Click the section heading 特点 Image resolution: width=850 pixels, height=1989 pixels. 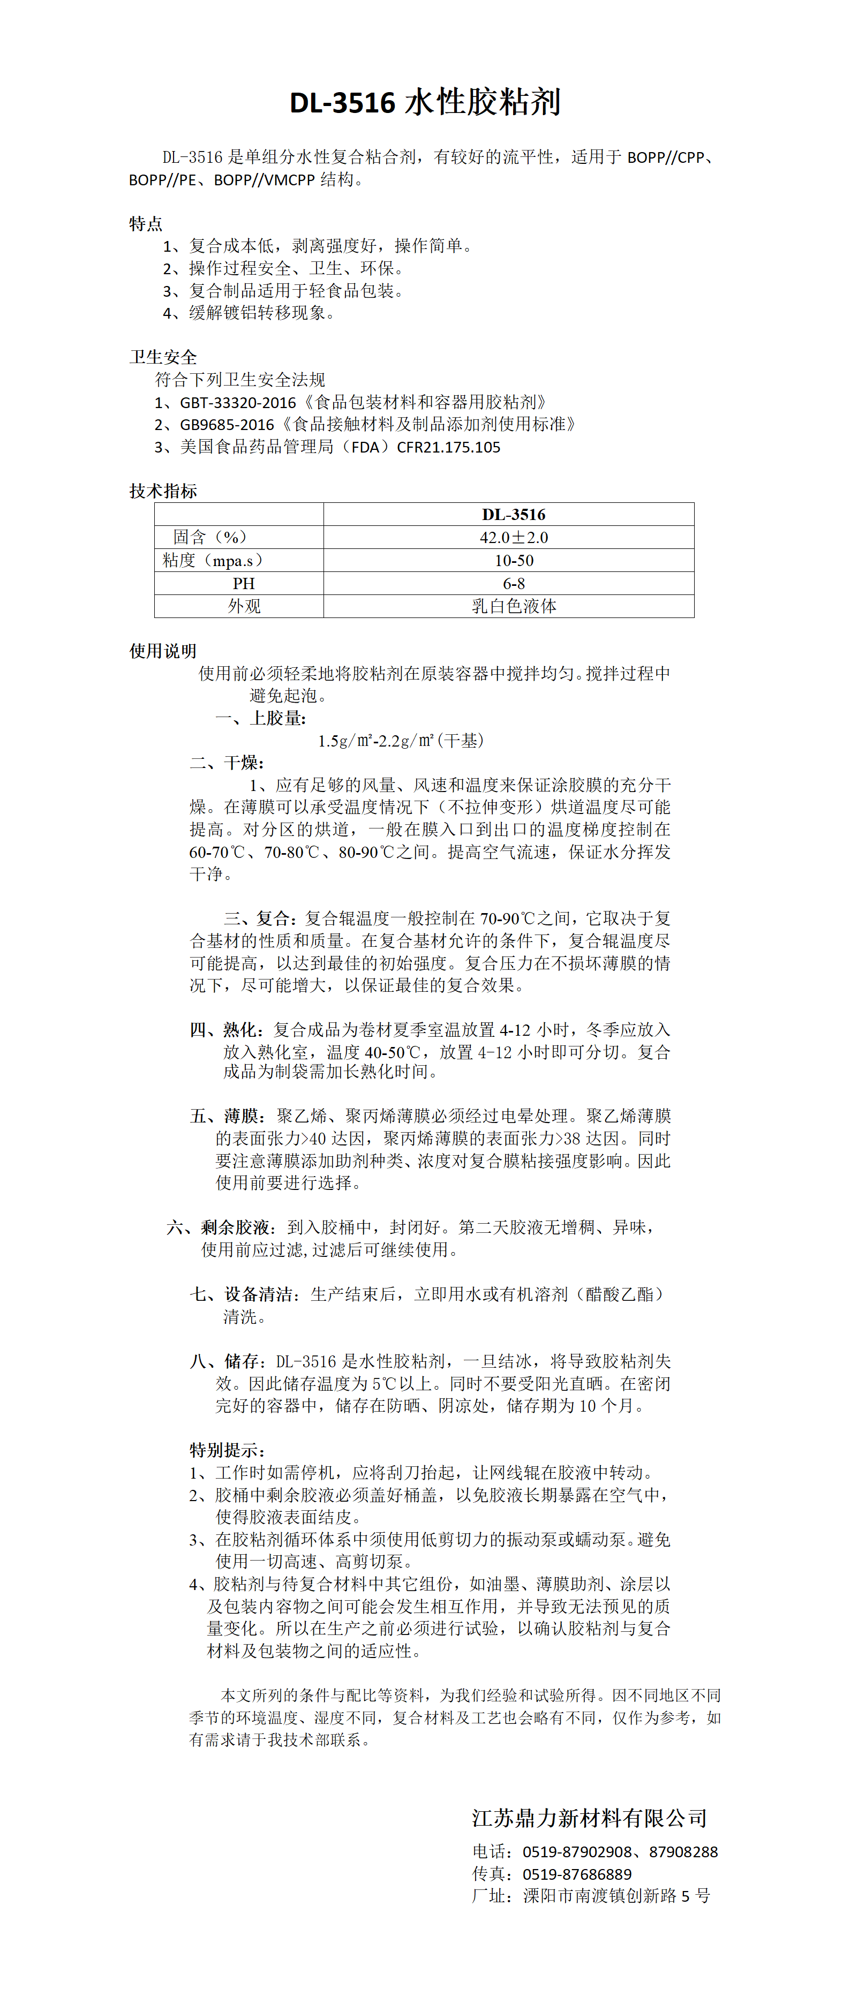pyautogui.click(x=145, y=224)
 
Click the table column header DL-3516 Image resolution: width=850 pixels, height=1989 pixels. pyautogui.click(x=514, y=514)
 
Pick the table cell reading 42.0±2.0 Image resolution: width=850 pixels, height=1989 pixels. pyautogui.click(x=514, y=537)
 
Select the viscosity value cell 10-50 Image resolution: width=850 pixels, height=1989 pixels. pyautogui.click(x=514, y=561)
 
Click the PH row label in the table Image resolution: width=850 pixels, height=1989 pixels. pyautogui.click(x=243, y=584)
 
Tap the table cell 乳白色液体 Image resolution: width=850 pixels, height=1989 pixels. pyautogui.click(x=514, y=606)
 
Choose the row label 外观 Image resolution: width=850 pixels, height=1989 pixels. pyautogui.click(x=243, y=606)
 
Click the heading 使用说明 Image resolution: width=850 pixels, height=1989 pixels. pyautogui.click(x=163, y=651)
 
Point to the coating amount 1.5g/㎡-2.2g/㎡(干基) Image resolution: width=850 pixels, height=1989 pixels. pyautogui.click(x=401, y=741)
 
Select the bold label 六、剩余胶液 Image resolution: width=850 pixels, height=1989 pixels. pyautogui.click(x=219, y=1227)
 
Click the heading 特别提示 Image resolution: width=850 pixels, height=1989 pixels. pyautogui.click(x=227, y=1450)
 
